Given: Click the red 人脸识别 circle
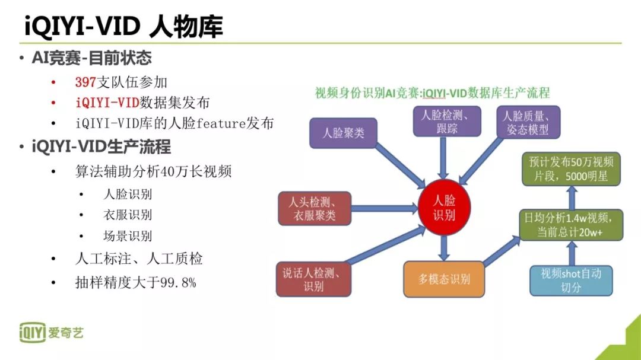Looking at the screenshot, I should pyautogui.click(x=444, y=207).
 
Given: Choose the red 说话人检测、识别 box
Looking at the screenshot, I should pyautogui.click(x=313, y=279).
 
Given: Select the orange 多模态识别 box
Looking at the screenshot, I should pyautogui.click(x=443, y=279).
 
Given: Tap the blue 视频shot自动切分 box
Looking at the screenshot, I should pyautogui.click(x=570, y=280).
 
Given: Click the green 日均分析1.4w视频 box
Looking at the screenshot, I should pyautogui.click(x=570, y=225).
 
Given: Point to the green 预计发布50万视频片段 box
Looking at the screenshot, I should pyautogui.click(x=570, y=168).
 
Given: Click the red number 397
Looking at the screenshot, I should pyautogui.click(x=85, y=82).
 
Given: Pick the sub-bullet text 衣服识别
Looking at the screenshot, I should pyautogui.click(x=128, y=215).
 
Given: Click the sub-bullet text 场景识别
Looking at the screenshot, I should pyautogui.click(x=128, y=236).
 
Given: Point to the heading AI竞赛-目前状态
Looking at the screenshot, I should pyautogui.click(x=91, y=58).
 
